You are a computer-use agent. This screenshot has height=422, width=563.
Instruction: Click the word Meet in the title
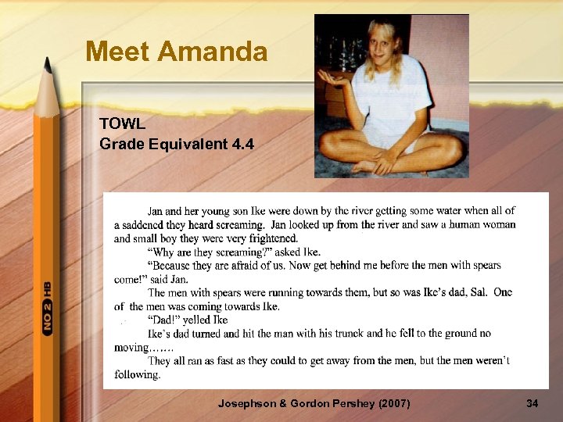pos(118,52)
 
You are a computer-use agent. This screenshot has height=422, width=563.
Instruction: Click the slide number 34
pos(532,403)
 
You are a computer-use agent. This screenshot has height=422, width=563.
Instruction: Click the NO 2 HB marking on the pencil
pos(48,308)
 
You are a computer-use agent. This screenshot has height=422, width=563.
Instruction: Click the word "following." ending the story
pos(137,375)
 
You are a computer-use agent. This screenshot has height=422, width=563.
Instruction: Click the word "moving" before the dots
pos(131,348)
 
